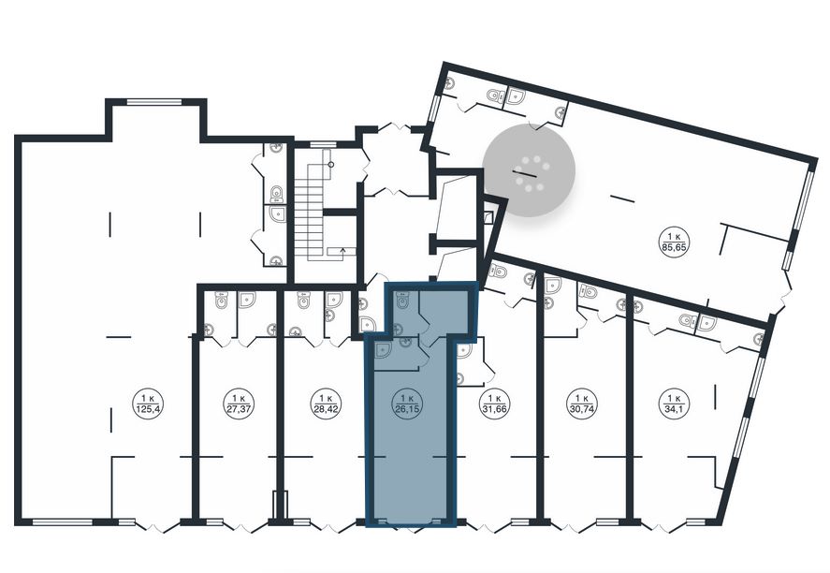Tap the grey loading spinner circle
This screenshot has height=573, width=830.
[529, 171]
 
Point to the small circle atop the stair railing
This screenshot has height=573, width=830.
[331, 165]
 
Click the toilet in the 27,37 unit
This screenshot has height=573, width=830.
[221, 301]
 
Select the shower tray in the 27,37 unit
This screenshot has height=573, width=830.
[247, 300]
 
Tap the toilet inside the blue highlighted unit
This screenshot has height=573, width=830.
[402, 301]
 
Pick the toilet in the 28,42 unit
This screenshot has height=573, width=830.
[303, 301]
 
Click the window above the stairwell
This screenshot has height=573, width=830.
[323, 144]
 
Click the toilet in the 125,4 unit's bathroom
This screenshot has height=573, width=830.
[276, 195]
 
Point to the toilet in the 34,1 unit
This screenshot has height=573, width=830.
[688, 319]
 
